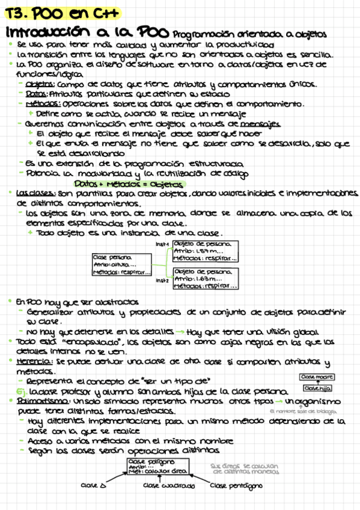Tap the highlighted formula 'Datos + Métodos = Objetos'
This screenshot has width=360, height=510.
129,183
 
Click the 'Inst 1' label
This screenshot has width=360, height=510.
162,244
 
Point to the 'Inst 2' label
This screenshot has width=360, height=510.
162,280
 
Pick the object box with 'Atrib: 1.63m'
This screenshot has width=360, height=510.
206,278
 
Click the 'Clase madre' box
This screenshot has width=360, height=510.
317,376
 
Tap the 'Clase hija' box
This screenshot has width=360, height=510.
317,389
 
